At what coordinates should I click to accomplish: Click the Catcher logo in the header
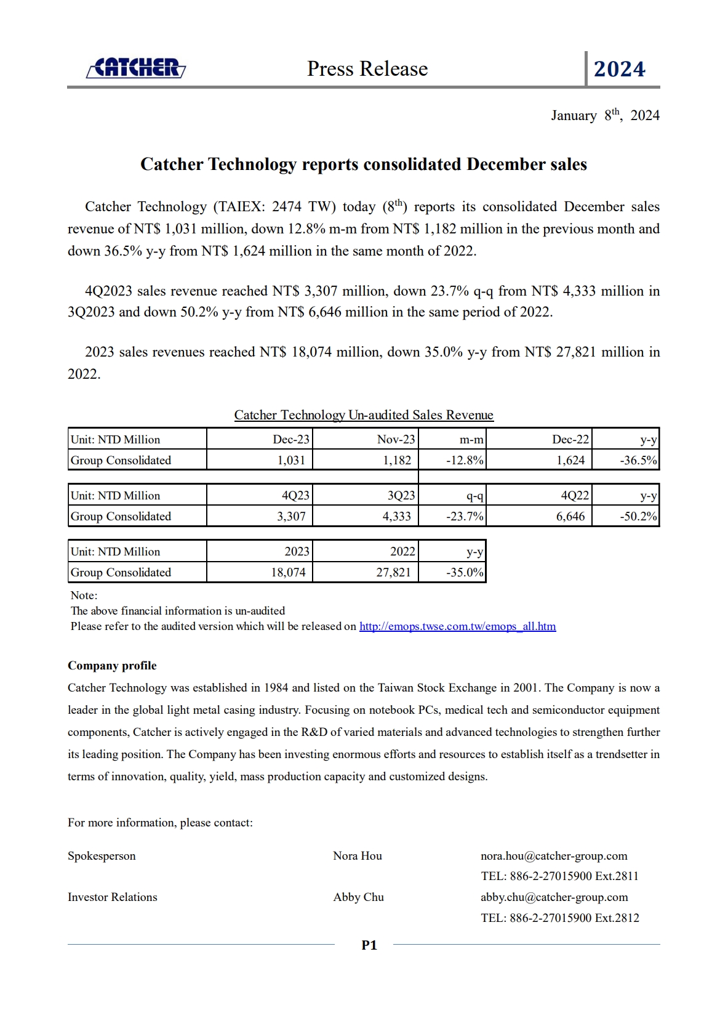click(x=136, y=68)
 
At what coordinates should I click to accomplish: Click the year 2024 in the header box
click(x=619, y=69)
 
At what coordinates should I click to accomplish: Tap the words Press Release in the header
click(x=367, y=68)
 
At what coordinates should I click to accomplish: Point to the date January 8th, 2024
click(x=605, y=115)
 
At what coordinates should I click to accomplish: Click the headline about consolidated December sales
click(x=364, y=164)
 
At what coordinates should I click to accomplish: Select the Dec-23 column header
click(x=291, y=439)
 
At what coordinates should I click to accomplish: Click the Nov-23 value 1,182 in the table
click(x=397, y=460)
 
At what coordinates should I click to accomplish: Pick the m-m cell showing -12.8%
click(x=465, y=460)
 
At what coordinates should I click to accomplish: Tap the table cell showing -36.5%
click(x=638, y=460)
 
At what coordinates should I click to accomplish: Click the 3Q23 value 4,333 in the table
click(x=397, y=516)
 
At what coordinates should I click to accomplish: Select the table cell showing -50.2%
click(x=638, y=516)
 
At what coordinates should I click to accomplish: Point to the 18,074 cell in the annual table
click(x=288, y=572)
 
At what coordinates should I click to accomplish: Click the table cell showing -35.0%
click(x=465, y=572)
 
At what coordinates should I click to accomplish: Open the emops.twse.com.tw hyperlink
click(x=457, y=626)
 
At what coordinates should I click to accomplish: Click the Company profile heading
click(x=112, y=665)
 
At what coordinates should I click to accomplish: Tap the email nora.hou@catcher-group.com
click(x=554, y=855)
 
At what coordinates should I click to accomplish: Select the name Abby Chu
click(x=358, y=897)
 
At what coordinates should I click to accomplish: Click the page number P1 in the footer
click(x=369, y=945)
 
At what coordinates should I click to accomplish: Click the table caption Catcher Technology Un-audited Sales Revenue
click(x=364, y=414)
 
